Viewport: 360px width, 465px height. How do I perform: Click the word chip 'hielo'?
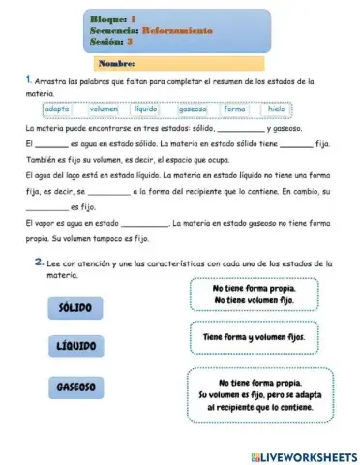click(277, 109)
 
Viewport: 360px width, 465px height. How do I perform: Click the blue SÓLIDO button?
click(75, 307)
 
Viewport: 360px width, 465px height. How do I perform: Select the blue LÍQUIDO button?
click(75, 346)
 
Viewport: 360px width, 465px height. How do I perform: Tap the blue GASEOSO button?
click(75, 387)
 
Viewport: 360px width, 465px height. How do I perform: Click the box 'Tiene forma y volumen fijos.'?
click(254, 337)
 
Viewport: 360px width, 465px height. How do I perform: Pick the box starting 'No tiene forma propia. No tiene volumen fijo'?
click(254, 294)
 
